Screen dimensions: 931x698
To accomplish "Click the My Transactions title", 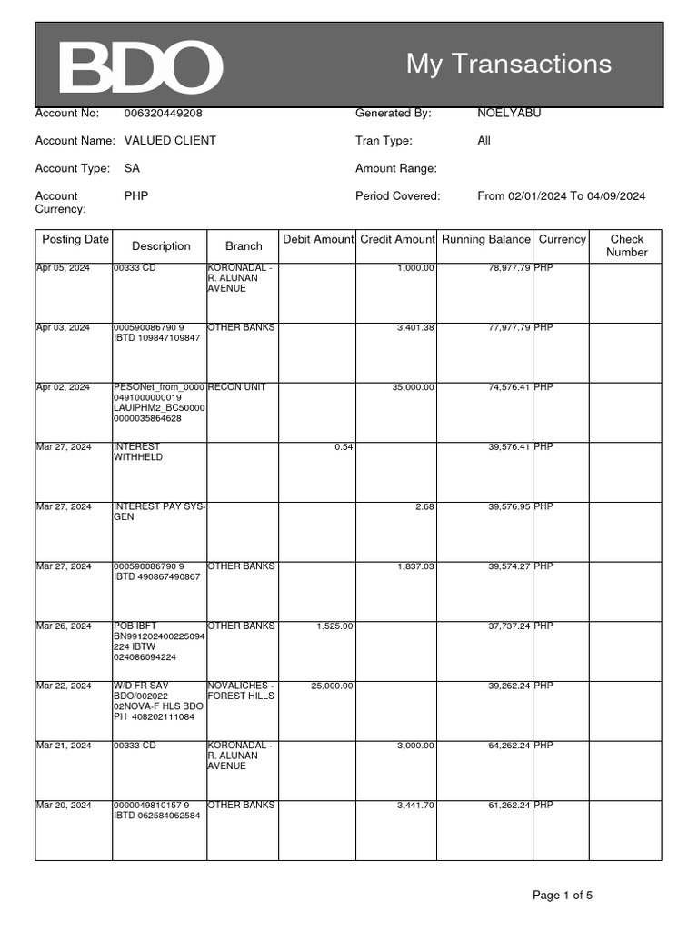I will coord(508,64).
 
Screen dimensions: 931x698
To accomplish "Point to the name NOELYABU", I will coord(509,114).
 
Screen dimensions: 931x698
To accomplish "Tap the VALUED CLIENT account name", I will coord(170,141).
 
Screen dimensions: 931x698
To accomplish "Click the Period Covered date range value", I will coord(561,195).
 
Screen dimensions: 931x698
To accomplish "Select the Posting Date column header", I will coord(75,240).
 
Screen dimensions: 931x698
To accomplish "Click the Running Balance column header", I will coord(485,240).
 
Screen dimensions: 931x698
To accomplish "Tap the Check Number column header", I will coord(626,245).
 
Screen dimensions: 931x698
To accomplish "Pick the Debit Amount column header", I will coord(317,240).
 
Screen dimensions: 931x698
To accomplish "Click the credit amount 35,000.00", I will coord(413,387).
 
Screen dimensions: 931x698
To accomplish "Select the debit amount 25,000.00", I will coord(332,686).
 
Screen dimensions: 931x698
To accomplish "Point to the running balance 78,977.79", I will coord(506,268).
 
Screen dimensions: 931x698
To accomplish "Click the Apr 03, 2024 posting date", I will coord(63,327).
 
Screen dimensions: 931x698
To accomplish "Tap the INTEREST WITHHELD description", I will coord(138,452).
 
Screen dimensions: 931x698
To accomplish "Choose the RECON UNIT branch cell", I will coord(236,387).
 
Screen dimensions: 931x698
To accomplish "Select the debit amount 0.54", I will coord(344,447).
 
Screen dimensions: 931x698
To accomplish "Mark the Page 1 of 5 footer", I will coord(562,896).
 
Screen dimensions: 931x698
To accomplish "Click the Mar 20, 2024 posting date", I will coord(64,806).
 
